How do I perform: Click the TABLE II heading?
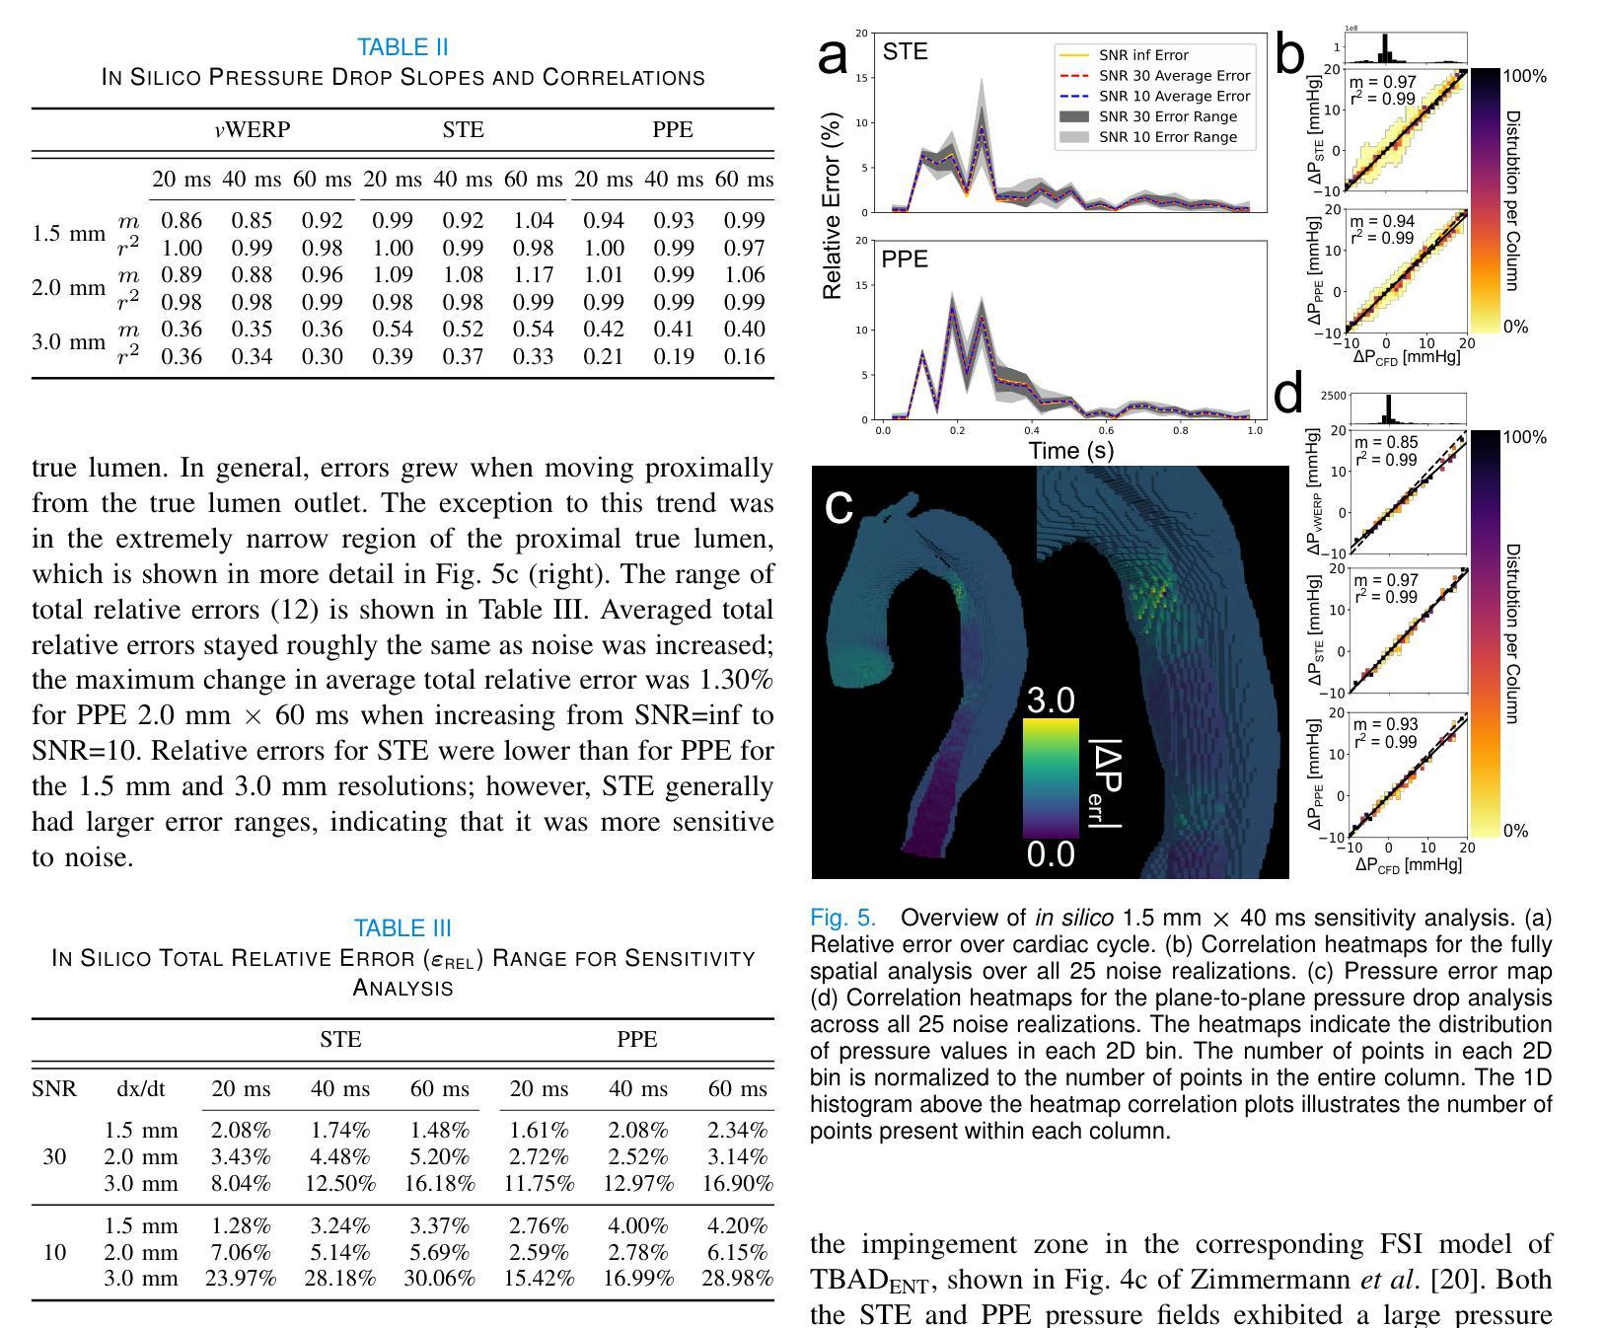click(x=402, y=47)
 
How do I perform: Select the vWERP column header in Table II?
click(x=253, y=130)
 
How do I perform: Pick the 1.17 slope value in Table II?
click(x=533, y=275)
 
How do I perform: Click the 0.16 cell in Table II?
click(x=744, y=356)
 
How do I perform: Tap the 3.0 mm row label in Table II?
click(x=68, y=342)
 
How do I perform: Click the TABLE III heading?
click(x=402, y=928)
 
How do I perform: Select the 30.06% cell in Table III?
click(x=439, y=1279)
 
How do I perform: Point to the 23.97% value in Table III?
click(x=241, y=1279)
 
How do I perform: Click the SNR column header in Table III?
click(x=54, y=1089)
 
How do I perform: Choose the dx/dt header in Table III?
click(x=141, y=1089)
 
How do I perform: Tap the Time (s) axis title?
click(x=1071, y=451)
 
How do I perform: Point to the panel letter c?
click(x=839, y=507)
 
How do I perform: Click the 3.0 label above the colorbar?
click(x=1051, y=701)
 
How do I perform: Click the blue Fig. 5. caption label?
click(x=843, y=919)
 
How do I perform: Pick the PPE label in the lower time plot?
click(x=905, y=259)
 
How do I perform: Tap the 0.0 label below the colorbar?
click(x=1051, y=854)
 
